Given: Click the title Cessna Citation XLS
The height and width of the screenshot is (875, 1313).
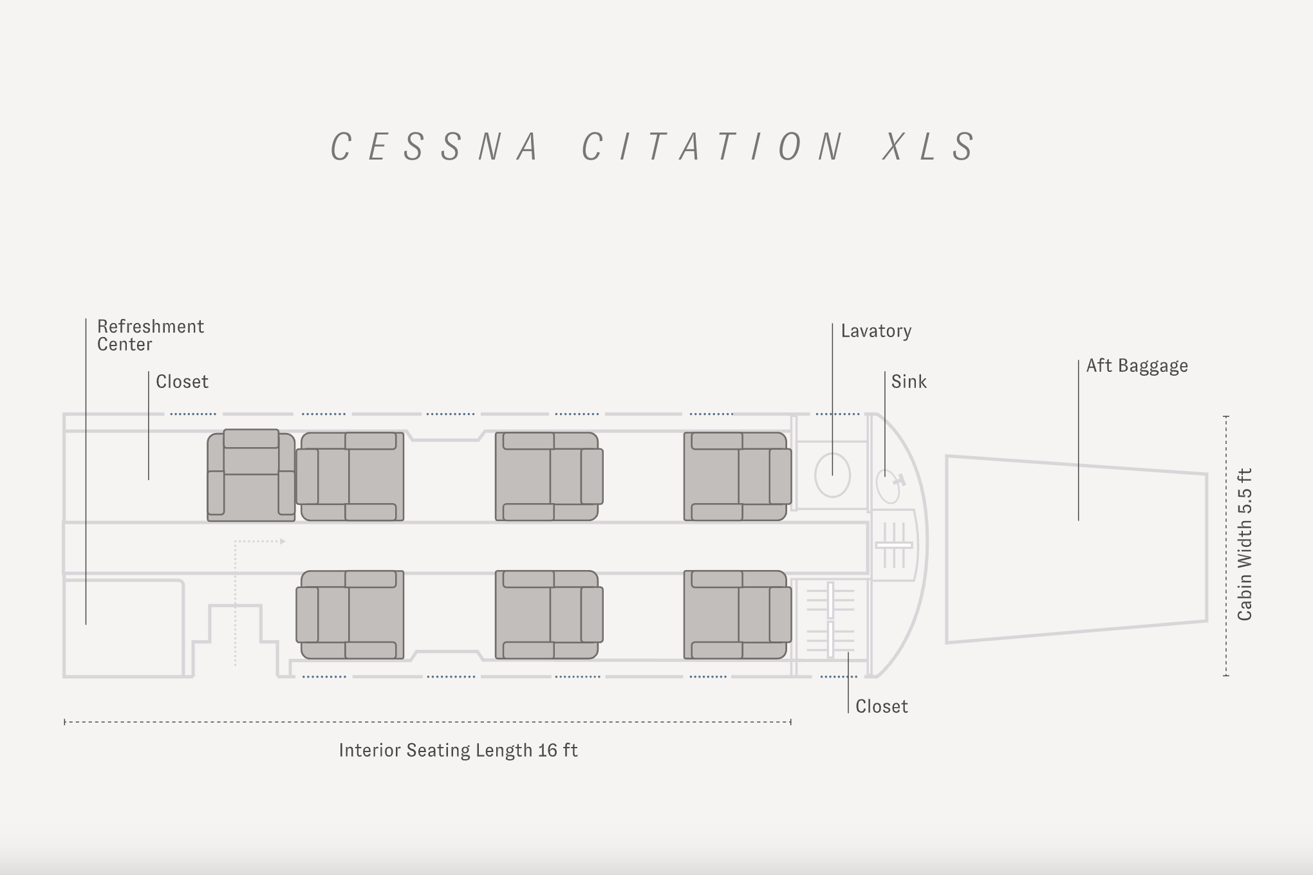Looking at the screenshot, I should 653,147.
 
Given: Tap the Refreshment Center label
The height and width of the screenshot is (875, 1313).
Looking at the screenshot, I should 151,335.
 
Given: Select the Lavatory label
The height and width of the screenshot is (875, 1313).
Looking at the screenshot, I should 876,331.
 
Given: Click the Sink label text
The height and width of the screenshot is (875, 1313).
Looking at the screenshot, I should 909,382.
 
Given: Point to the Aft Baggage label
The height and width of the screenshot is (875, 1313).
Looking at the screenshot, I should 1137,366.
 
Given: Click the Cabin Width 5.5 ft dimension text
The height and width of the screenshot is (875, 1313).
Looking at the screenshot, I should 1245,544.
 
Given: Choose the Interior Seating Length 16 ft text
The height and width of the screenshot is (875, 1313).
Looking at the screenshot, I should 458,751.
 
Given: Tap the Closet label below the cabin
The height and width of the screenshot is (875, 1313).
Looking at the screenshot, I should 881,706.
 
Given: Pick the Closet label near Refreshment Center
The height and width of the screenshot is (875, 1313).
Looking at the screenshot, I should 182,382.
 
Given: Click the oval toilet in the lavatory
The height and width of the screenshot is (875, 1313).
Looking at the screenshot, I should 832,475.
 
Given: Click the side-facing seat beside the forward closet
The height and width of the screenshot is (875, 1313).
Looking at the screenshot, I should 251,475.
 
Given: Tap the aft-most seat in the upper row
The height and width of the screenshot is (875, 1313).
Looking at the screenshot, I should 737,476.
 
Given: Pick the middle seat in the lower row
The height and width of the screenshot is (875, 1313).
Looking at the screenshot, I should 548,614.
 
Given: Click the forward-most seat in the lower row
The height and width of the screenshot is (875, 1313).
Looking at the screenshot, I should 350,614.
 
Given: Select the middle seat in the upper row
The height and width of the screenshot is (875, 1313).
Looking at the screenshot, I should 548,476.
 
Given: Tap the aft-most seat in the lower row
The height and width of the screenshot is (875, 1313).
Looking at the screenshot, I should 737,614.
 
